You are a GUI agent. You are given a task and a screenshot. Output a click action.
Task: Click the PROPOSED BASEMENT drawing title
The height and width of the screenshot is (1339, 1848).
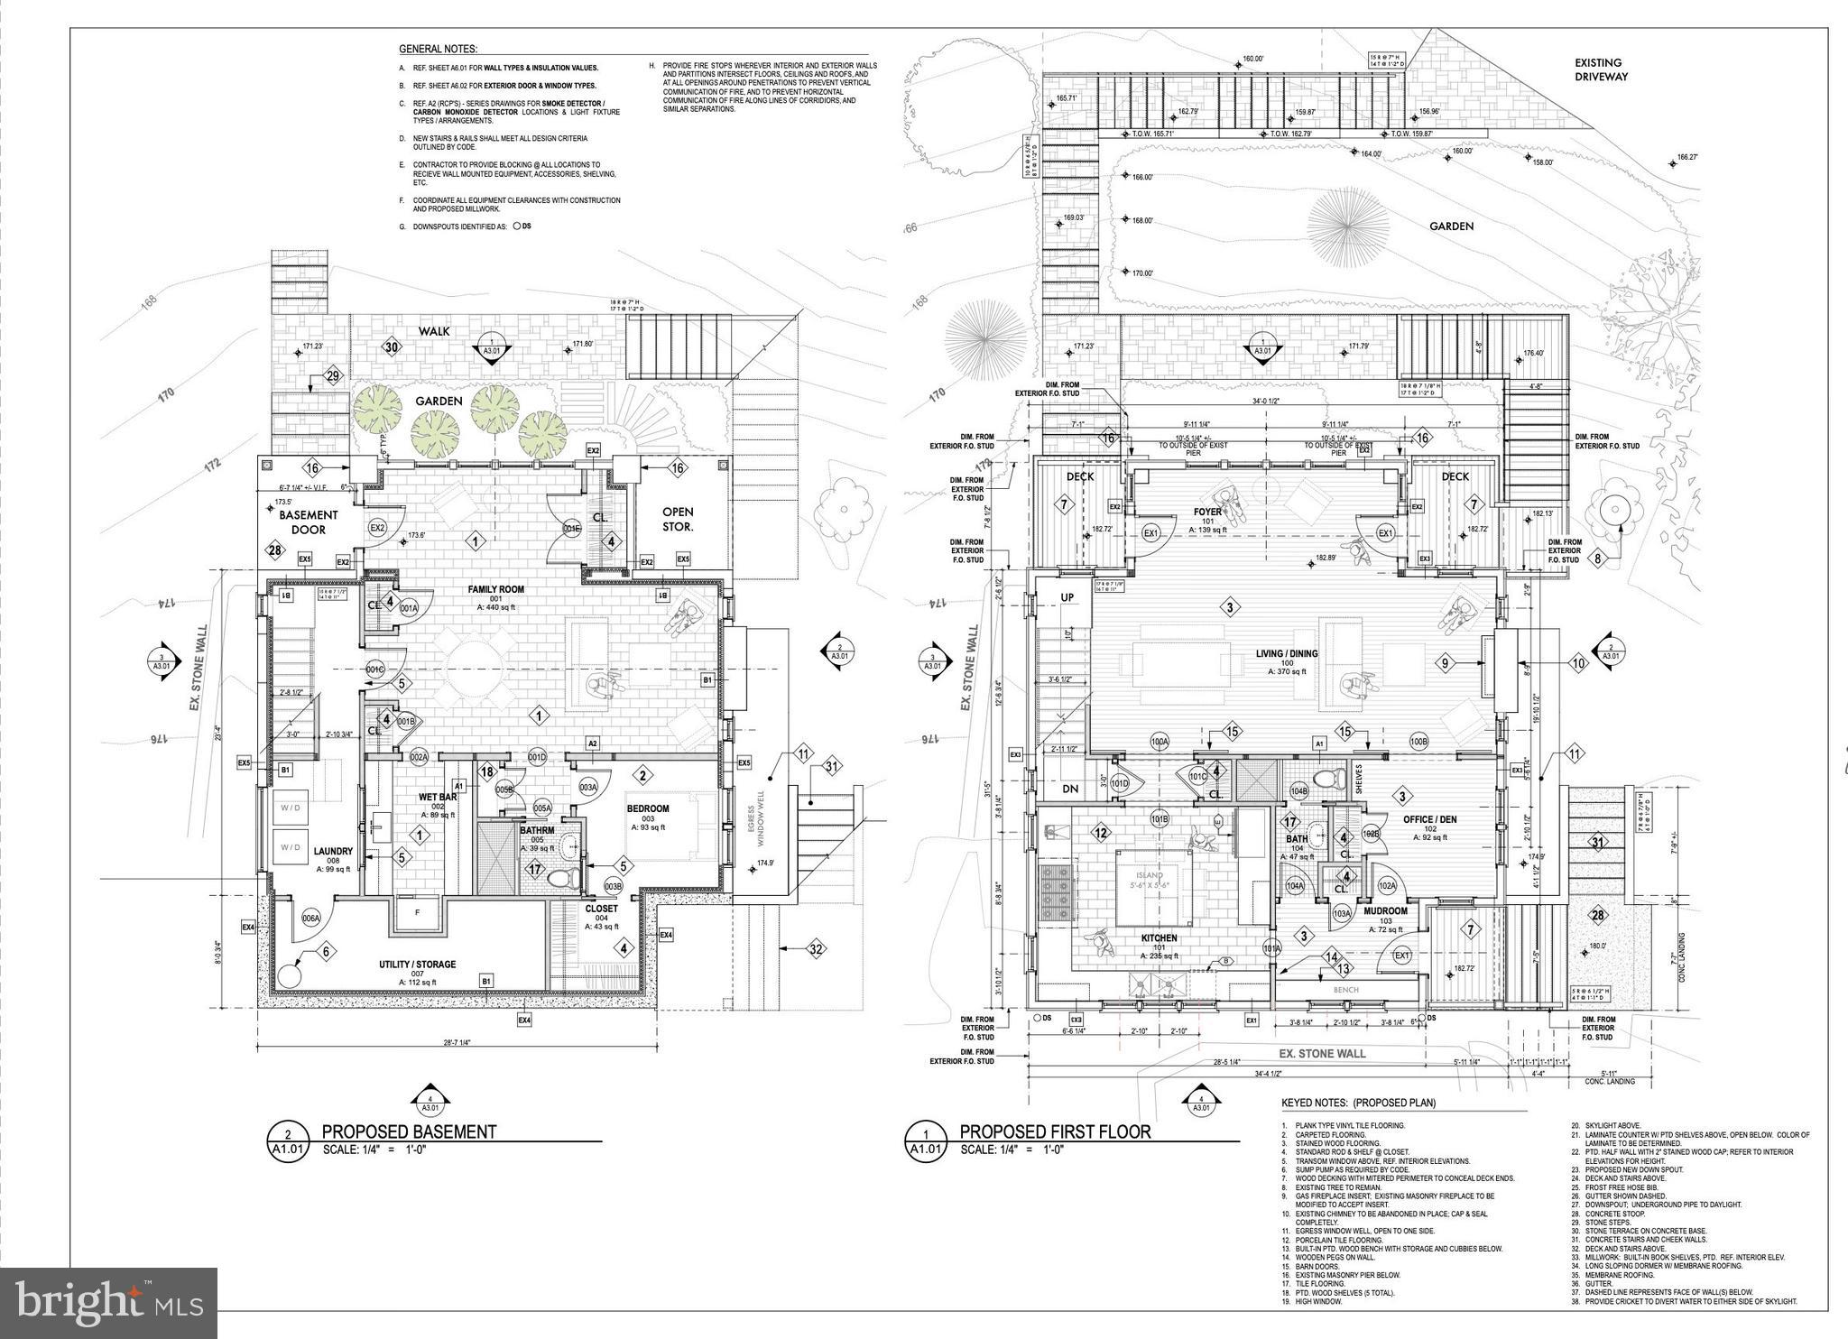click(409, 1131)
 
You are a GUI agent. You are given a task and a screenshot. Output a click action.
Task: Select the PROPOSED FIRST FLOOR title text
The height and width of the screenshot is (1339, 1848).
click(1055, 1131)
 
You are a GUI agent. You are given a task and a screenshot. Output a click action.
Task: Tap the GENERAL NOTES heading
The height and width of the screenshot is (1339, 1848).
click(438, 50)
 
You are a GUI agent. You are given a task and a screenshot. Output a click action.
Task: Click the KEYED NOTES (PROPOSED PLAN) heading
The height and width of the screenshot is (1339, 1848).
click(1358, 1103)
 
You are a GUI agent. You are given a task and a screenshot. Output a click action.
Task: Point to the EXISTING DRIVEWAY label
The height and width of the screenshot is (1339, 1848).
click(1601, 69)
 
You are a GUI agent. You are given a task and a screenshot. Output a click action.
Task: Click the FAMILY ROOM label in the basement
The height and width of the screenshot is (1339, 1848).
click(495, 589)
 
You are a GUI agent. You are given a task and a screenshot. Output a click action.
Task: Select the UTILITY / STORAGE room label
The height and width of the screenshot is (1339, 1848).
click(417, 964)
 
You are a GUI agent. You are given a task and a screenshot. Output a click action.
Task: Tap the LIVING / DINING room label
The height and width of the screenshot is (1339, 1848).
click(1287, 653)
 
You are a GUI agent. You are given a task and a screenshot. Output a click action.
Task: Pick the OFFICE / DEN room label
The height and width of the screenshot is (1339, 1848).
click(1429, 819)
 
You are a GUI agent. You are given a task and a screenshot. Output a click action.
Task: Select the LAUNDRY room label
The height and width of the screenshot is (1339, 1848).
click(333, 851)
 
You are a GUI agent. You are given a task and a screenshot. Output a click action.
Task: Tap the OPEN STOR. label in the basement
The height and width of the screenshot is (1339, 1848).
click(678, 519)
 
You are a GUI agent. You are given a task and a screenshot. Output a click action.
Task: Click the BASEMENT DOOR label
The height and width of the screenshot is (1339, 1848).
click(308, 522)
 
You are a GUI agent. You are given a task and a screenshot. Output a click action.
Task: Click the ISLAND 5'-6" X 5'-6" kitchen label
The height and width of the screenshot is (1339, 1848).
click(1150, 880)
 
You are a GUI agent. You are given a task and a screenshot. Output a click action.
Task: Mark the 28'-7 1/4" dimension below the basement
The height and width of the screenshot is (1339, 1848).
click(458, 1041)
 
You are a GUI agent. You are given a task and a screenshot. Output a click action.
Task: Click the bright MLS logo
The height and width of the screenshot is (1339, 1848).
click(108, 1302)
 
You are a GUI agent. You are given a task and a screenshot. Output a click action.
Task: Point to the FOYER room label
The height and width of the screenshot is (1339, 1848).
click(1207, 512)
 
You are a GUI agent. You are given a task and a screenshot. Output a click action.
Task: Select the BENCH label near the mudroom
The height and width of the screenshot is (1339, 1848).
click(1345, 990)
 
